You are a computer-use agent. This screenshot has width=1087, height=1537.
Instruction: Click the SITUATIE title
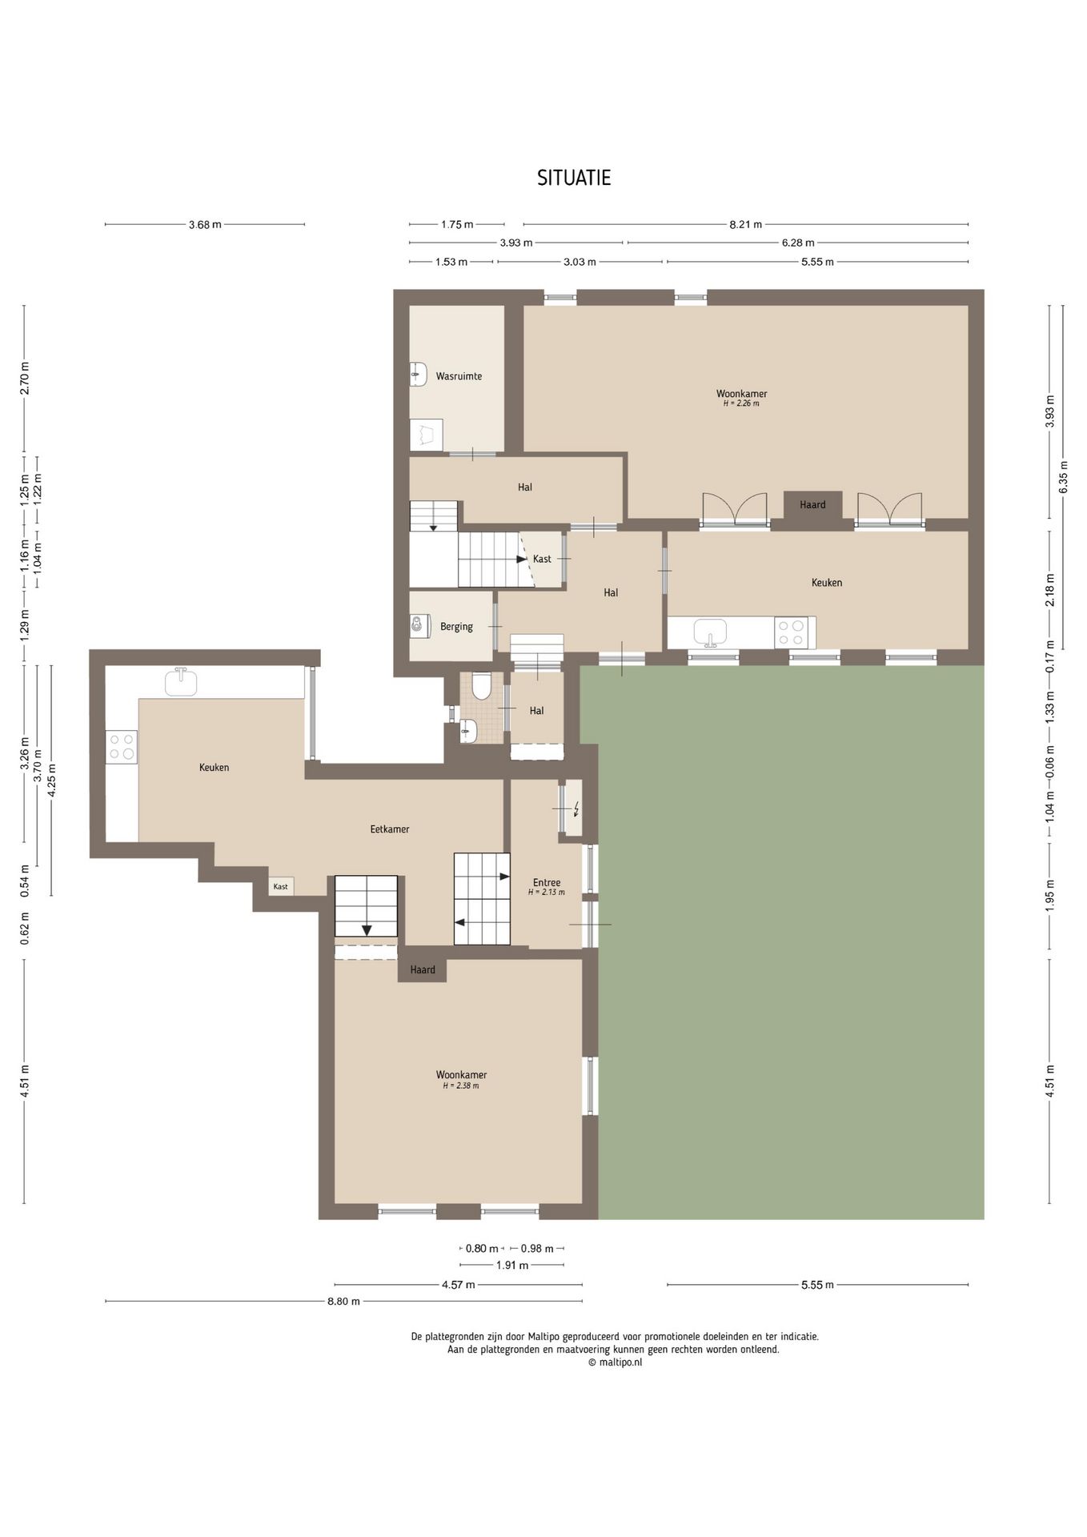coord(574,178)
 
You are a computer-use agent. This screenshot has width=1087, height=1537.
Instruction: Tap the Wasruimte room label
coord(459,375)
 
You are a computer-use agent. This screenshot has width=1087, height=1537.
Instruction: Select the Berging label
coord(456,627)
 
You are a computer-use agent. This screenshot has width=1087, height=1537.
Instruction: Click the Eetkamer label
coord(390,829)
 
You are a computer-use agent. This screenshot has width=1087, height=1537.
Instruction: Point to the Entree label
coord(547,883)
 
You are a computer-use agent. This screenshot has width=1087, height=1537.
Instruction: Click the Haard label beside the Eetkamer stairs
coord(423,969)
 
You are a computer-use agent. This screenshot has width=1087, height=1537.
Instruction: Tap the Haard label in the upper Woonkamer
coord(812,504)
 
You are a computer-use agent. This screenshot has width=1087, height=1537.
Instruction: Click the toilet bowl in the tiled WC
coord(481,687)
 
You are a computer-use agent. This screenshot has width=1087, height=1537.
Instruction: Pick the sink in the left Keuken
coord(181,682)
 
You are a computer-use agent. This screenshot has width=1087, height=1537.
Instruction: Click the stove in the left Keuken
coord(122,747)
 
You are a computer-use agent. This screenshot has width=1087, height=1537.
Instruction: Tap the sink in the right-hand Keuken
coord(710,632)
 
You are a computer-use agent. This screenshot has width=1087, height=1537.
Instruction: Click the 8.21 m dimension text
coord(745,225)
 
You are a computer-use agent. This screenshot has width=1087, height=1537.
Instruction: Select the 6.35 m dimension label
coord(1063,478)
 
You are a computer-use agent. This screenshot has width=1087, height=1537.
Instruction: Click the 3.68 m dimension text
coord(205,225)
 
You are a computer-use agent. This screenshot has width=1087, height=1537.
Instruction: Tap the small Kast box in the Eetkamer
coord(281,886)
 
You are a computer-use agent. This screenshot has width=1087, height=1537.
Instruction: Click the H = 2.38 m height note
coord(461,1086)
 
